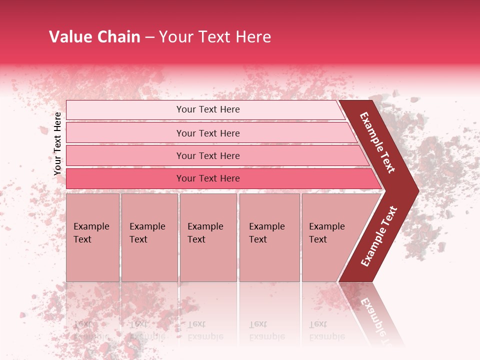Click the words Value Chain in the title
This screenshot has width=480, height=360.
click(x=94, y=37)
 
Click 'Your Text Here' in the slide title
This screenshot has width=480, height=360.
click(x=215, y=37)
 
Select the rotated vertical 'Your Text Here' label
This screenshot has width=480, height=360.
click(x=57, y=143)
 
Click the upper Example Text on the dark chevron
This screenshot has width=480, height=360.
click(x=377, y=142)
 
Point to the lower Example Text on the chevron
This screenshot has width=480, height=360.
click(x=379, y=236)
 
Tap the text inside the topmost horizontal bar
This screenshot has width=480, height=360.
click(x=208, y=109)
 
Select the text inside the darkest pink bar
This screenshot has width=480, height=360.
click(x=208, y=178)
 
